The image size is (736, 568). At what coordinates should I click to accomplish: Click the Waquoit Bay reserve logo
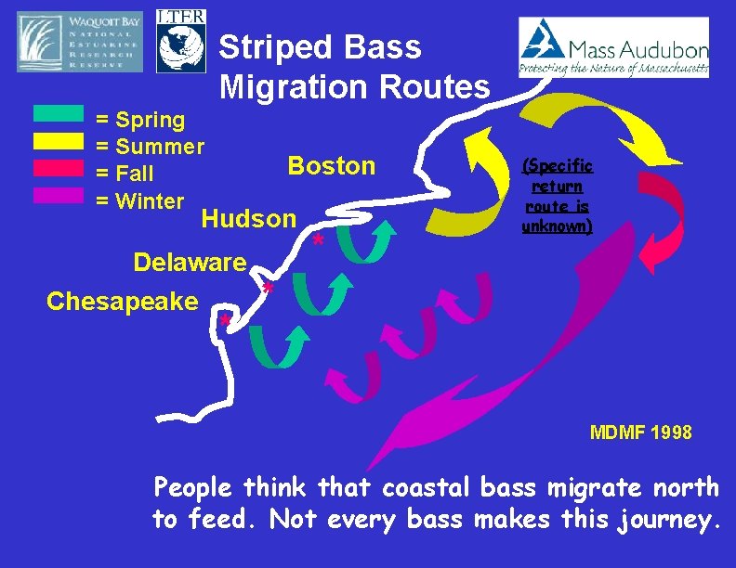[81, 43]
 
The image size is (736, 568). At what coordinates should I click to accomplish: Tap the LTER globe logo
[181, 42]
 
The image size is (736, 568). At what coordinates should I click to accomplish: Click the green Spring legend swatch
[59, 115]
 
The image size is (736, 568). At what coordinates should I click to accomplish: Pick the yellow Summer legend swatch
[59, 141]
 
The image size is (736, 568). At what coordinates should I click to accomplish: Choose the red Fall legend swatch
[59, 168]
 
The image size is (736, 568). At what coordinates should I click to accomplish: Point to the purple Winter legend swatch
[59, 195]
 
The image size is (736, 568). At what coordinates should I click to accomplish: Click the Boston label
[332, 166]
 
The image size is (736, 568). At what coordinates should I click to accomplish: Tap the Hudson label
[248, 219]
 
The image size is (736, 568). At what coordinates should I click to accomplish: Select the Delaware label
[190, 262]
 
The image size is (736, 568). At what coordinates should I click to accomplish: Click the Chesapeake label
[122, 301]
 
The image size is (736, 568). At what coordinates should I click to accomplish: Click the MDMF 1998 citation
[641, 432]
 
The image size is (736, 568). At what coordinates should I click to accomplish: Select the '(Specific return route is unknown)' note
[557, 196]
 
